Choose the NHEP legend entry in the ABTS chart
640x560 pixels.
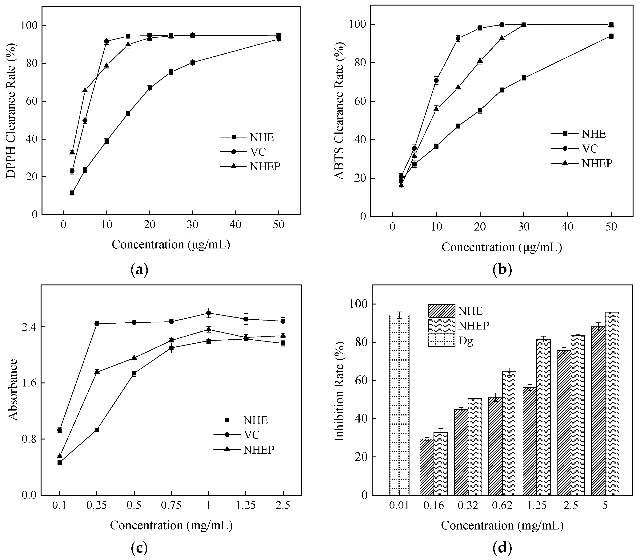[596, 163]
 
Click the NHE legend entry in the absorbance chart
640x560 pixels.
[255, 420]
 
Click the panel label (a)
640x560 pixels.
[139, 269]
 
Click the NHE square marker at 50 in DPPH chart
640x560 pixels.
[278, 39]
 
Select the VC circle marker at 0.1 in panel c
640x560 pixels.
[60, 430]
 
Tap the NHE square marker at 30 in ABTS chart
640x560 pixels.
[524, 78]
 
